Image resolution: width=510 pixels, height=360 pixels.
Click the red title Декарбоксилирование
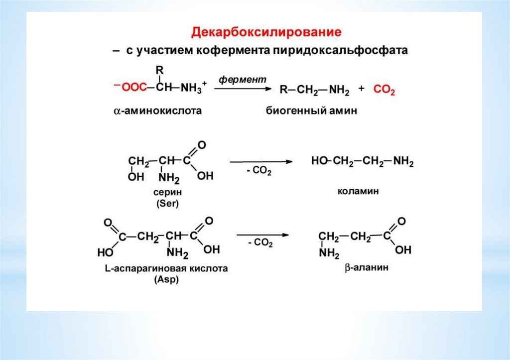(267, 32)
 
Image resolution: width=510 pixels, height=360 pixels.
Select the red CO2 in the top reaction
(384, 90)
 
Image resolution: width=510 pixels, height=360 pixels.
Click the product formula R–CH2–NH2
(314, 90)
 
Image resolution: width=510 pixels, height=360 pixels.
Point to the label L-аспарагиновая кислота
(166, 269)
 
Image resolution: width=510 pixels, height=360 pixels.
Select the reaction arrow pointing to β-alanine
(262, 234)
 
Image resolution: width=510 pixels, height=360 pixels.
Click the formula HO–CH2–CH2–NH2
(362, 161)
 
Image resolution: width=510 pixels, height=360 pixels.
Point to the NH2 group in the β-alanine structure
(329, 253)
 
